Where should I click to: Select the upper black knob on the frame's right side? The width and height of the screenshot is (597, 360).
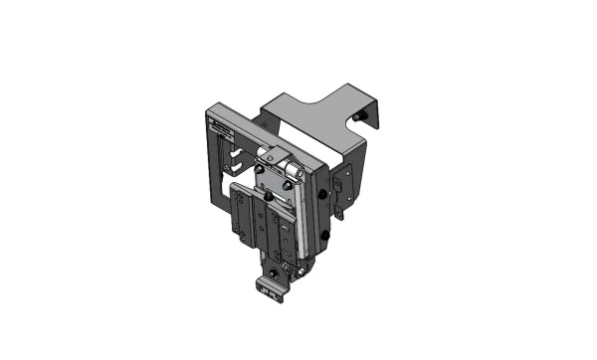point(323,193)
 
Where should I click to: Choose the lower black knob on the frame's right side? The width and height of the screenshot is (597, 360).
point(322,236)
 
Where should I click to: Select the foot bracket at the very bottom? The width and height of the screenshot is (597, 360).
point(270,288)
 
